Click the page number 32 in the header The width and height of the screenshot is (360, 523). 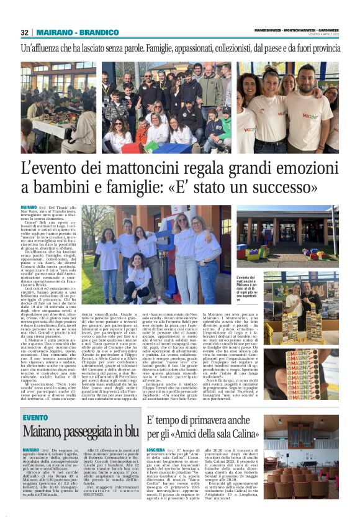click(25, 32)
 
